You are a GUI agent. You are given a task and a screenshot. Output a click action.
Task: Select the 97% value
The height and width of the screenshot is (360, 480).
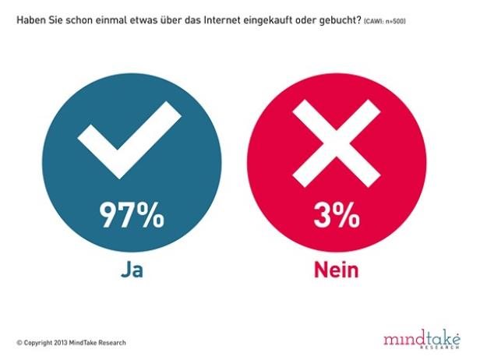131,217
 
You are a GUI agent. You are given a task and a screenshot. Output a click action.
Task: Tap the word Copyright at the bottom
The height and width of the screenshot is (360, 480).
38,343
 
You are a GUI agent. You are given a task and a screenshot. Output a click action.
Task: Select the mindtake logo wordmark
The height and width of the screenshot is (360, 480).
422,338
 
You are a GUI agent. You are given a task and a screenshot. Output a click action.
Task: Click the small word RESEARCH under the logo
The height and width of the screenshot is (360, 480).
448,348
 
